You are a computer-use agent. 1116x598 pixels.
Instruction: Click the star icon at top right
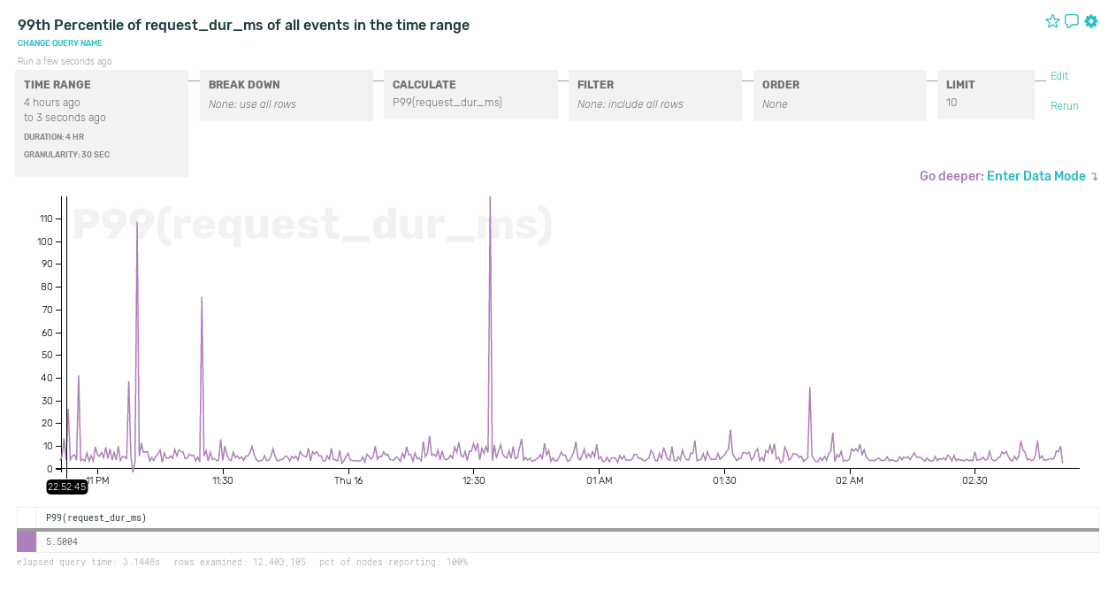point(1052,21)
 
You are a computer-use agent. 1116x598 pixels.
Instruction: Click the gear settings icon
point(1091,21)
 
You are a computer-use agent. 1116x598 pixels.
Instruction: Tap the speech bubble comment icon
point(1072,21)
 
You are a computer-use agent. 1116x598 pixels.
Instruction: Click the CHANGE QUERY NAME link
point(60,43)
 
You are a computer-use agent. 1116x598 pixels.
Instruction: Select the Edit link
point(1059,76)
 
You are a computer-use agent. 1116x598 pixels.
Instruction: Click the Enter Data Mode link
point(1036,176)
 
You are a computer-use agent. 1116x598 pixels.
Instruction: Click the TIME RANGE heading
point(57,85)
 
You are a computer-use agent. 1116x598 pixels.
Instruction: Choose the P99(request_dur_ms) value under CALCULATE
point(447,103)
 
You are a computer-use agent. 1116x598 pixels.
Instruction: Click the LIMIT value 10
point(952,103)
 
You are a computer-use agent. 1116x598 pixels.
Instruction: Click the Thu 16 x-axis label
point(348,480)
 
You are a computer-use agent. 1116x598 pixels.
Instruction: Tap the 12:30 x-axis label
point(474,480)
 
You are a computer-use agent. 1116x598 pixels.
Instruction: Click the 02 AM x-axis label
point(849,480)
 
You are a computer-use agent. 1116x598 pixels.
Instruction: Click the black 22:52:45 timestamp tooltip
point(67,487)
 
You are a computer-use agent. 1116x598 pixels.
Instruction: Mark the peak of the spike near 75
point(202,298)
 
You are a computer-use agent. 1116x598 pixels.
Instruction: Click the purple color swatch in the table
point(27,541)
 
